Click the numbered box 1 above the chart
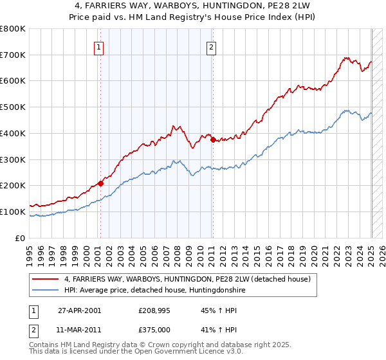(x=100, y=46)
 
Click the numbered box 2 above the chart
(x=212, y=46)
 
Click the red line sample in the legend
(x=45, y=279)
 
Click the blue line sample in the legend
(x=45, y=291)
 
